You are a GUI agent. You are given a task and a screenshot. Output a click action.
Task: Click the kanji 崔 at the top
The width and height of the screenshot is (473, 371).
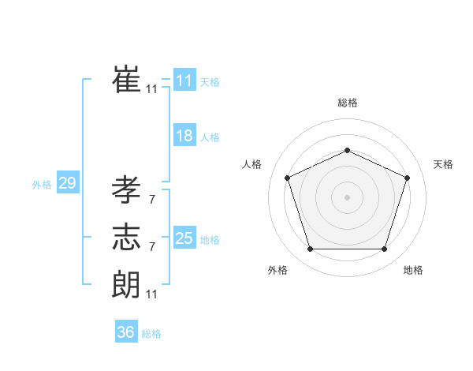point(126,79)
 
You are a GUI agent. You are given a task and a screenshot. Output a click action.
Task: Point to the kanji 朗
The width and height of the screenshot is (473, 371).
point(126,283)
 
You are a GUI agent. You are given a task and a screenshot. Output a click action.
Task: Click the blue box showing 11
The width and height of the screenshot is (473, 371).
point(184,81)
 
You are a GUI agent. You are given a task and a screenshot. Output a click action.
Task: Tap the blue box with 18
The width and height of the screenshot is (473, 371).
point(184,136)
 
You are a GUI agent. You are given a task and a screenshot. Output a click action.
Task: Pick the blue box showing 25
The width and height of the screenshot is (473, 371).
point(184,238)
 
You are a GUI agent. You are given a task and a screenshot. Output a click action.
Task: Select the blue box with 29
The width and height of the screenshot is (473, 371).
point(67,184)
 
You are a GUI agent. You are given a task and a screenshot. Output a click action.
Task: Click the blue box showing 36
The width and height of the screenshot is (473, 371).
point(125,332)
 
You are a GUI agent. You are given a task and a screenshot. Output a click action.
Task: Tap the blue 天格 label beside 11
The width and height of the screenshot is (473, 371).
point(210,82)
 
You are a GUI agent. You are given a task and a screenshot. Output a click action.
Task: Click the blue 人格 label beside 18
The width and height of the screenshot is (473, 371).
point(210,137)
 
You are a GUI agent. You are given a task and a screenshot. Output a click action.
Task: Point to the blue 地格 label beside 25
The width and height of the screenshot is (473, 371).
point(210,240)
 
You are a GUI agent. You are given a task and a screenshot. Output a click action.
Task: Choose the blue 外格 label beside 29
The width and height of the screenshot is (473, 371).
point(42,185)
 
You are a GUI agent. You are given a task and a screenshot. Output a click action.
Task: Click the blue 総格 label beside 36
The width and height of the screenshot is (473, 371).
point(151,334)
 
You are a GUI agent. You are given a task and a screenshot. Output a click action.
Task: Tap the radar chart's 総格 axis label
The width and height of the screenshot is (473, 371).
point(347,103)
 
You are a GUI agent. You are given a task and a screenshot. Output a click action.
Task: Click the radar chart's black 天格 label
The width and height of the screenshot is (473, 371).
point(444,164)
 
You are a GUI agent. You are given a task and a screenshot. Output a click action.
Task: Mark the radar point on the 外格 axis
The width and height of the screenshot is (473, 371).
point(310,249)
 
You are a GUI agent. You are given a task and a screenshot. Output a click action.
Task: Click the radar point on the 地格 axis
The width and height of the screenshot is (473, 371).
point(384,249)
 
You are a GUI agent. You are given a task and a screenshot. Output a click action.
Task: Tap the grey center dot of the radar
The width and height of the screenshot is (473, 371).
point(347,197)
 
